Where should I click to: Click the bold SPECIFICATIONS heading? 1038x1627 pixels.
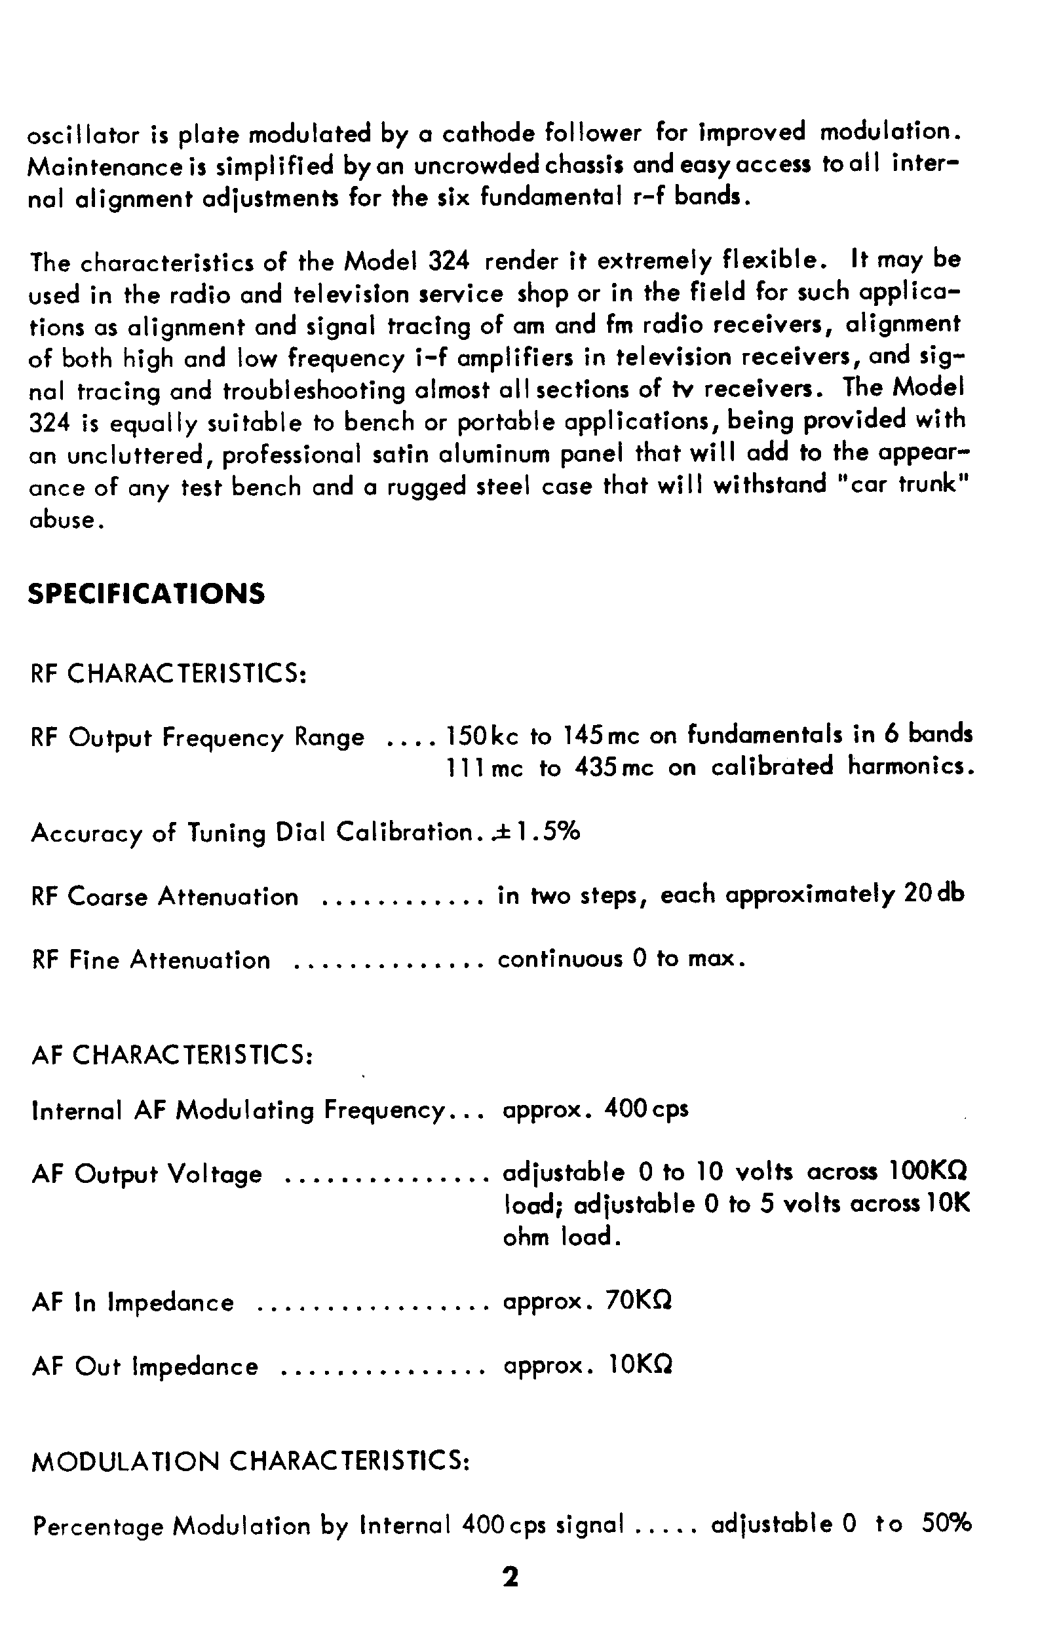pos(147,594)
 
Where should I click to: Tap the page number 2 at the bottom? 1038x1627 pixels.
pos(510,1577)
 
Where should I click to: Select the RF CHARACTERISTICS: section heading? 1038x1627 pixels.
pos(169,673)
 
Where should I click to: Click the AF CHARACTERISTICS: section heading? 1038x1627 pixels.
pos(172,1055)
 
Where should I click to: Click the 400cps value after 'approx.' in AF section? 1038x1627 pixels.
pos(647,1109)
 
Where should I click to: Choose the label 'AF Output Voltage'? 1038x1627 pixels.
pos(147,1174)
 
